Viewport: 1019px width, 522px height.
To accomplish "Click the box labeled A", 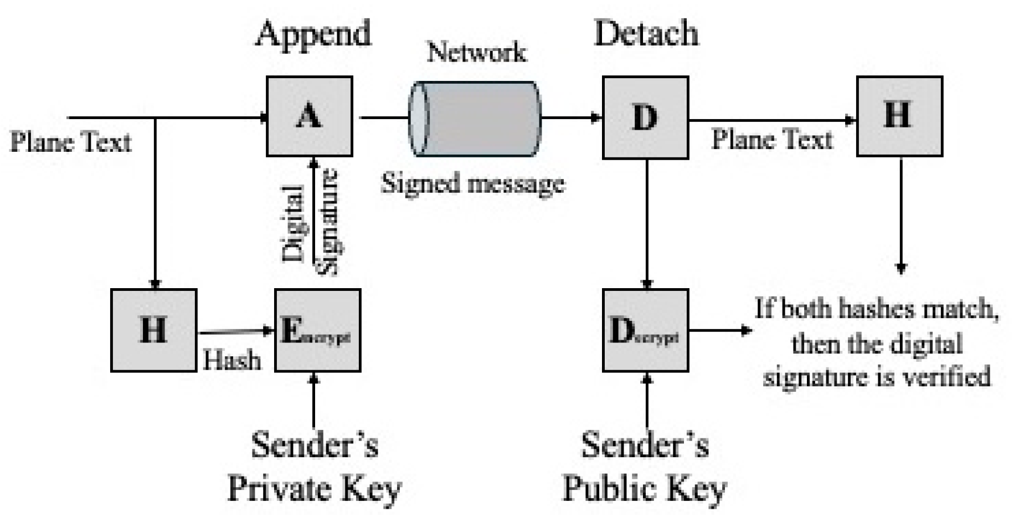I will [x=309, y=116].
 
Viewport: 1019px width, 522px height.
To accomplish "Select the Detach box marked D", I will [x=645, y=117].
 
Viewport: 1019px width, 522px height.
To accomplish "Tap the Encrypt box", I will [x=317, y=330].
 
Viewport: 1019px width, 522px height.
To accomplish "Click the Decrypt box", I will [x=645, y=330].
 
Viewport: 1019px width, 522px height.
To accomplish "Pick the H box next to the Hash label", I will [x=153, y=330].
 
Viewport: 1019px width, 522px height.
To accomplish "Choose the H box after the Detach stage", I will [x=899, y=116].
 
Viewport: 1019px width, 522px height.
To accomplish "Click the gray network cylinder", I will [x=475, y=119].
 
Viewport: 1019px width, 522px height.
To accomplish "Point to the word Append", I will [x=313, y=33].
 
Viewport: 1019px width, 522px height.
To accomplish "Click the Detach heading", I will [x=646, y=33].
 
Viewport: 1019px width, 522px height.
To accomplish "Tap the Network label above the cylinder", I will [x=476, y=53].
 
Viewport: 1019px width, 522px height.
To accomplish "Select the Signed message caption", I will [x=474, y=183].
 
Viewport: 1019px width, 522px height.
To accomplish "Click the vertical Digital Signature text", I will [x=310, y=222].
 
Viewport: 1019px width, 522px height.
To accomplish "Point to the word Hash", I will [x=231, y=360].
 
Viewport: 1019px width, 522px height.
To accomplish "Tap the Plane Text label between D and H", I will [x=771, y=139].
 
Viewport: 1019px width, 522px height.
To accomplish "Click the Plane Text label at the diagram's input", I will [x=71, y=142].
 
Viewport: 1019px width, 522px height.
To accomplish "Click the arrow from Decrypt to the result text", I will [x=720, y=331].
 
